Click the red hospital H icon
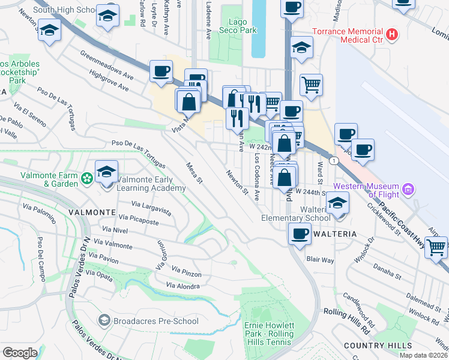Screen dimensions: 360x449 (393, 35)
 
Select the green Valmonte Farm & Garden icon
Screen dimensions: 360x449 (88, 178)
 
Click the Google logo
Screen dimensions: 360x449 (19, 353)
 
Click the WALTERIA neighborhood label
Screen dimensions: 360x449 (333, 233)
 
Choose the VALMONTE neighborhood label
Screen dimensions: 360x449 (92, 212)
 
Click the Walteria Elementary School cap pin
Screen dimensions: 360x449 (337, 205)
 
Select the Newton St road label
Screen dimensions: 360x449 (237, 182)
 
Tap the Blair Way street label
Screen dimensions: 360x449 (319, 260)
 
